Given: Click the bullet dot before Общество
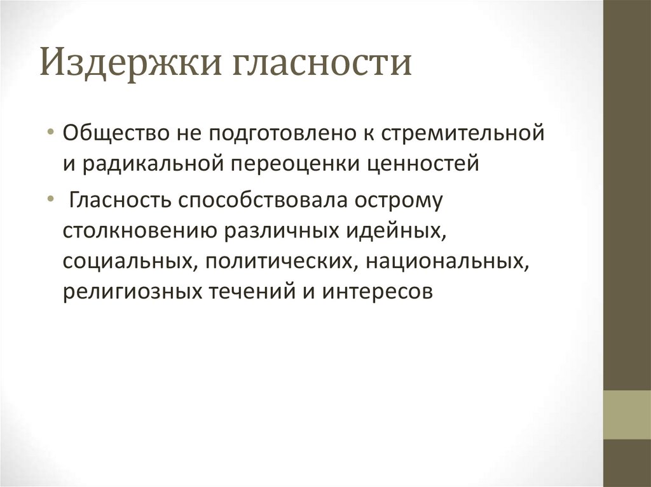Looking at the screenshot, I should coord(50,135).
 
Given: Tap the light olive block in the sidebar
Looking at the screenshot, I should coord(627,415).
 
